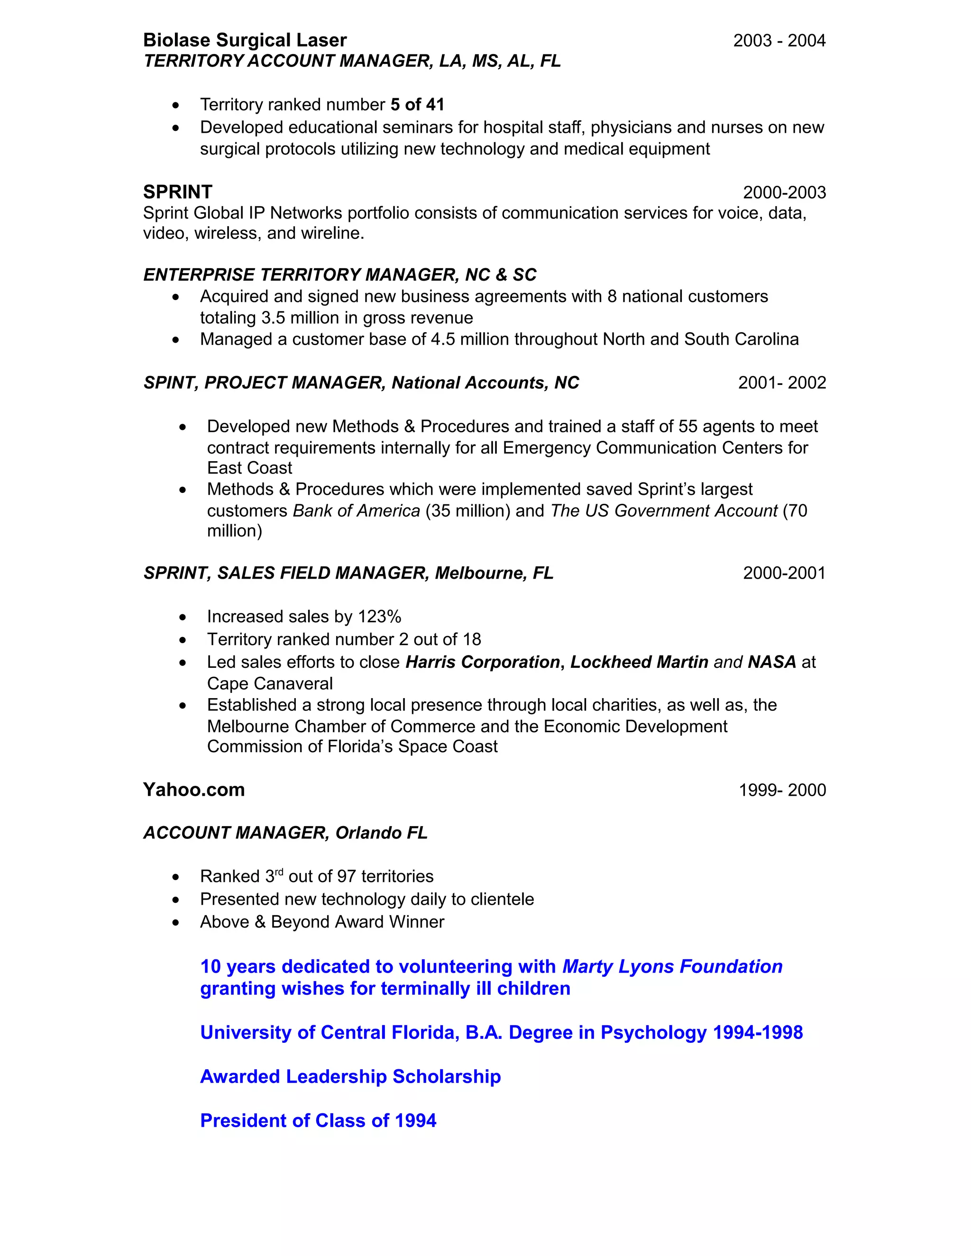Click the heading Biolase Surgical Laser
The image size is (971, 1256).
point(245,40)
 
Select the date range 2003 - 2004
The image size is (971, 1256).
point(779,41)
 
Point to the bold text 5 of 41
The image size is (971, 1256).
point(417,105)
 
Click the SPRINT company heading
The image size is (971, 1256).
point(178,192)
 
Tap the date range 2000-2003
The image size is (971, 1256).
point(784,192)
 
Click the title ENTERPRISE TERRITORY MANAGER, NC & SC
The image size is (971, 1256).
point(339,275)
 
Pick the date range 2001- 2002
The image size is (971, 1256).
point(782,383)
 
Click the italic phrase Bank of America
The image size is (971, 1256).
point(356,510)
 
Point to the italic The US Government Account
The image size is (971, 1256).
point(664,510)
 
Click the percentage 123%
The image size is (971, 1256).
point(379,617)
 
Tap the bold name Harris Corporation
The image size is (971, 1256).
point(482,662)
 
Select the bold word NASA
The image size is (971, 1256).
point(771,662)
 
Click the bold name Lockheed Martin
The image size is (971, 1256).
point(639,662)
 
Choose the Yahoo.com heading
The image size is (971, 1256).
point(194,790)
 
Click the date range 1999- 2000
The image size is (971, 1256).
point(782,790)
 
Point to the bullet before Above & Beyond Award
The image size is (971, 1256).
point(176,922)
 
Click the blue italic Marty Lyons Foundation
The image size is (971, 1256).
point(672,967)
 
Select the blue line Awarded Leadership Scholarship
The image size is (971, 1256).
point(350,1076)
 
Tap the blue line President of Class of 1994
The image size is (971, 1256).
point(318,1121)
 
